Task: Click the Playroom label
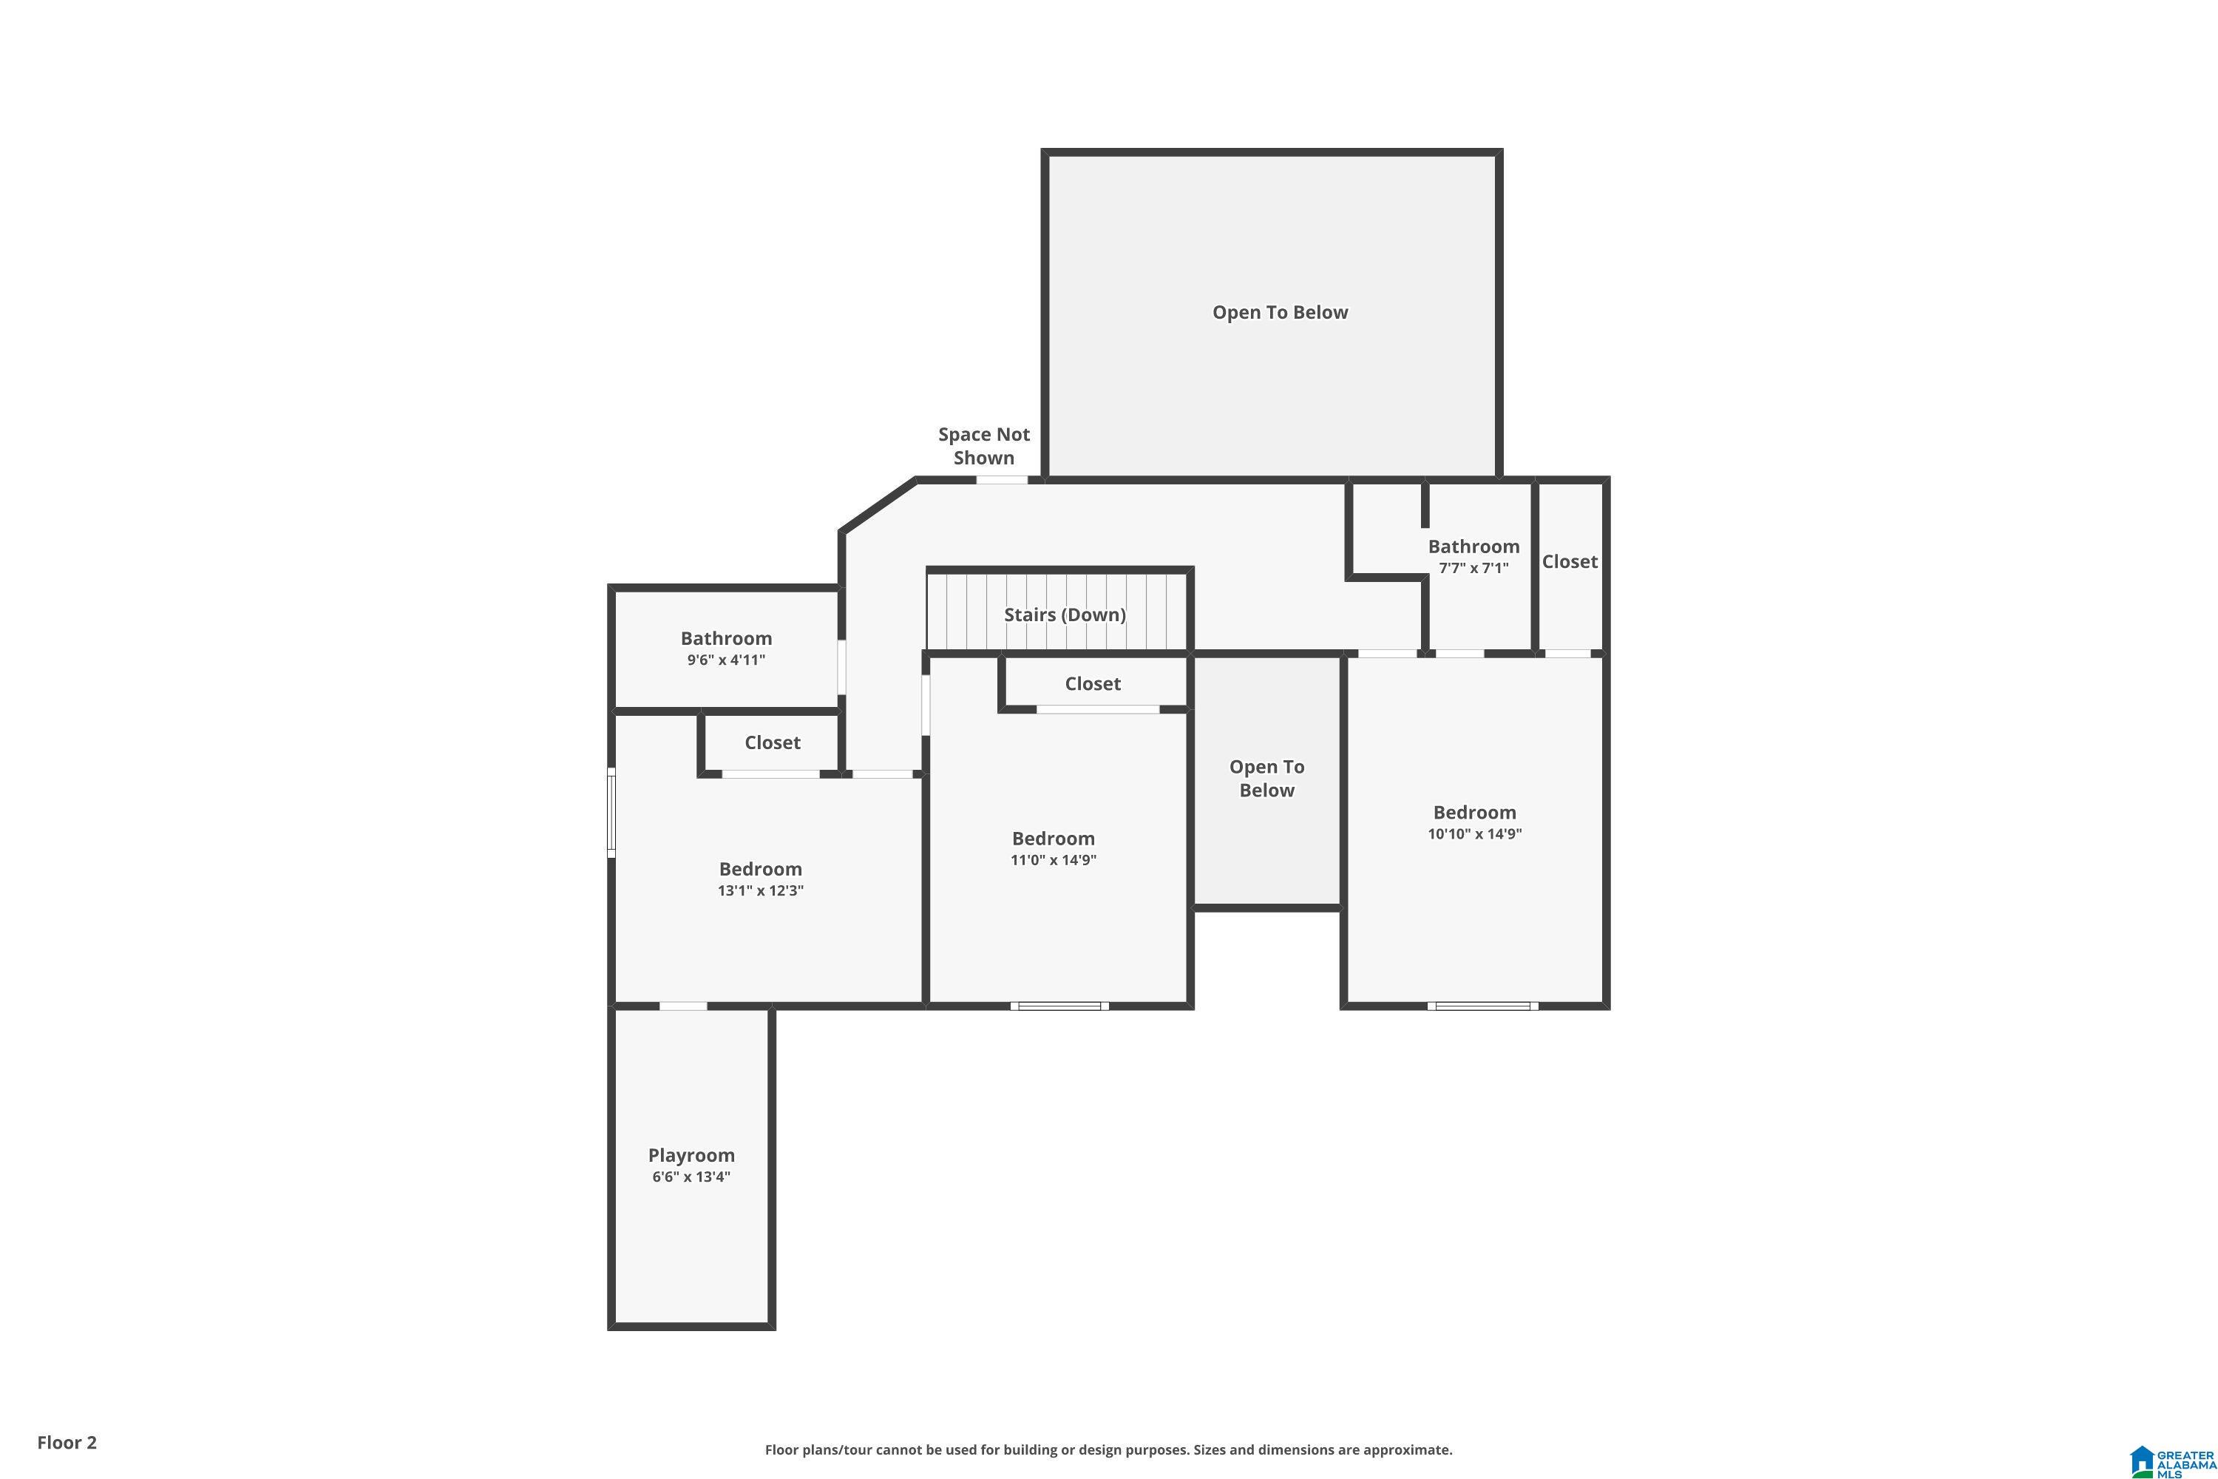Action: coord(691,1154)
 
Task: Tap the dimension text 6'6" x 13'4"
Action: coord(691,1177)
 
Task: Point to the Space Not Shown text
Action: coord(983,446)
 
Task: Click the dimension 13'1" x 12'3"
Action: coord(760,890)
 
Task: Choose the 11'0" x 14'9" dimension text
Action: coord(1054,859)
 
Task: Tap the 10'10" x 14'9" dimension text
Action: coord(1475,834)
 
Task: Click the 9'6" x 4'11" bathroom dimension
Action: coord(726,660)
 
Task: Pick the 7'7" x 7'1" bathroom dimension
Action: coord(1474,568)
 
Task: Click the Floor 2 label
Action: coord(67,1442)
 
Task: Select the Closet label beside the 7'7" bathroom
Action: coord(1570,561)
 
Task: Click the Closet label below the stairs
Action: coord(1093,684)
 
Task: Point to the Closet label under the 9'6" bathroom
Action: coord(773,742)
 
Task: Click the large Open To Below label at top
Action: coord(1280,312)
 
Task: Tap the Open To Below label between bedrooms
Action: coord(1266,778)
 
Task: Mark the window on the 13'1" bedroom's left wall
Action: coord(611,812)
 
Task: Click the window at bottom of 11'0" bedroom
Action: coord(1060,1006)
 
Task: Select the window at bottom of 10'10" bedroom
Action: coord(1482,1006)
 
